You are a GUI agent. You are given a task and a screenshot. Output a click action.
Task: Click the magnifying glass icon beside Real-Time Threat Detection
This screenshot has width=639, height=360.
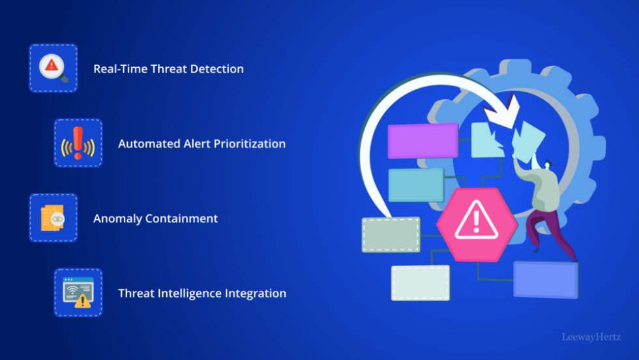pyautogui.click(x=53, y=68)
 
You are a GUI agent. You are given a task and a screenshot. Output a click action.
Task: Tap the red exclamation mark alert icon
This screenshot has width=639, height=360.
pyautogui.click(x=78, y=143)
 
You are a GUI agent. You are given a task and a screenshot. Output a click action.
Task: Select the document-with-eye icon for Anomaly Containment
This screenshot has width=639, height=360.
pyautogui.click(x=53, y=218)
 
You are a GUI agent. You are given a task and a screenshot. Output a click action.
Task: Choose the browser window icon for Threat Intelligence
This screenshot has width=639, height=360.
pyautogui.click(x=78, y=293)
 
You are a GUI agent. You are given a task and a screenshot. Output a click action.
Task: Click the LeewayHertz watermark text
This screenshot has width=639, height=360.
pyautogui.click(x=591, y=337)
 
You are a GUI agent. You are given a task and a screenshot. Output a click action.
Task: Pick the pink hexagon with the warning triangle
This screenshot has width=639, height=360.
pyautogui.click(x=477, y=224)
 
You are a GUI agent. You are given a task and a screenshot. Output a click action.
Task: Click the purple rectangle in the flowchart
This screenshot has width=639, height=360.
pyautogui.click(x=423, y=140)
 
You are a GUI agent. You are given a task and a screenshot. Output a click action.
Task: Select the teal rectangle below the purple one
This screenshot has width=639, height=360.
pyautogui.click(x=415, y=185)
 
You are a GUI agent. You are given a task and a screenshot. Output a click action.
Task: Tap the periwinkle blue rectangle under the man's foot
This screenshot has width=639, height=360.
pyautogui.click(x=545, y=279)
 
